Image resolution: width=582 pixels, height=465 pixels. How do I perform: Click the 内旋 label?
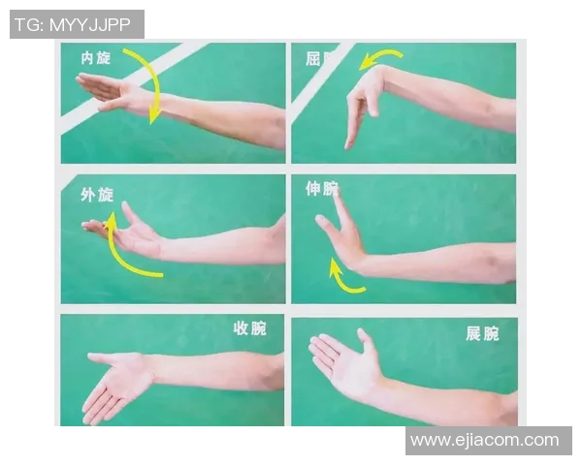coord(96,58)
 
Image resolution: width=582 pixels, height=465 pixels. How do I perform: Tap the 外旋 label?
coord(96,195)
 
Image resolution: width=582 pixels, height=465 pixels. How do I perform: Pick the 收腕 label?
coord(249,328)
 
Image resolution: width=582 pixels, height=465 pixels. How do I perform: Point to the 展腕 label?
coord(482,333)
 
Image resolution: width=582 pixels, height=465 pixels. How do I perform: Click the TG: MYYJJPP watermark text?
coord(77,24)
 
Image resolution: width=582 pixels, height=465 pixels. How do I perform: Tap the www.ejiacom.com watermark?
coord(484,441)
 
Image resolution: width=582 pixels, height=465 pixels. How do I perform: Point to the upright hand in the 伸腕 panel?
coord(339,232)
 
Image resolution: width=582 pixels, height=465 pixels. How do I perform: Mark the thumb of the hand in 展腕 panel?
coord(366,340)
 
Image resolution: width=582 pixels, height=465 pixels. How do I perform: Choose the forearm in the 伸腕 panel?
coord(436,262)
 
